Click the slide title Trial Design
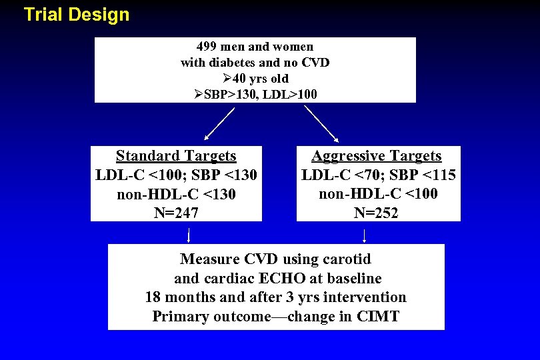coord(76,15)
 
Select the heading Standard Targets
coord(176,156)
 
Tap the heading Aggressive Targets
coord(377,156)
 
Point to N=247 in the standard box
coord(176,213)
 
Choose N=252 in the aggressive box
coord(377,213)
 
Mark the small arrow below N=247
coord(189,235)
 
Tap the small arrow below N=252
coord(364,235)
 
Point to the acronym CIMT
coord(377,316)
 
